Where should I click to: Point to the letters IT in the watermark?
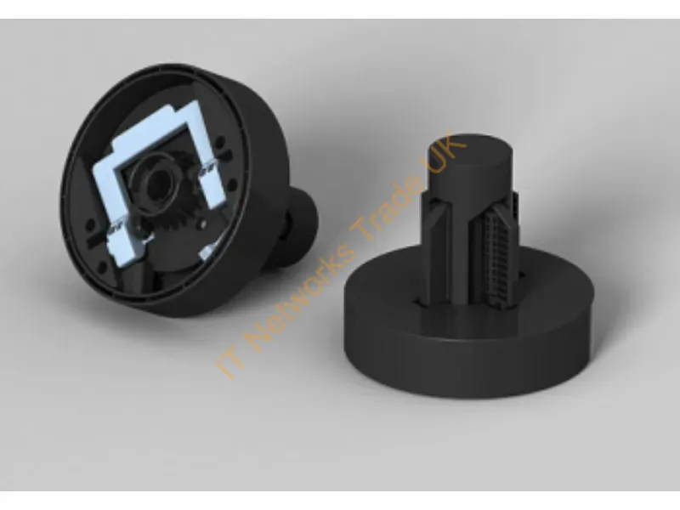tap(229, 364)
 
